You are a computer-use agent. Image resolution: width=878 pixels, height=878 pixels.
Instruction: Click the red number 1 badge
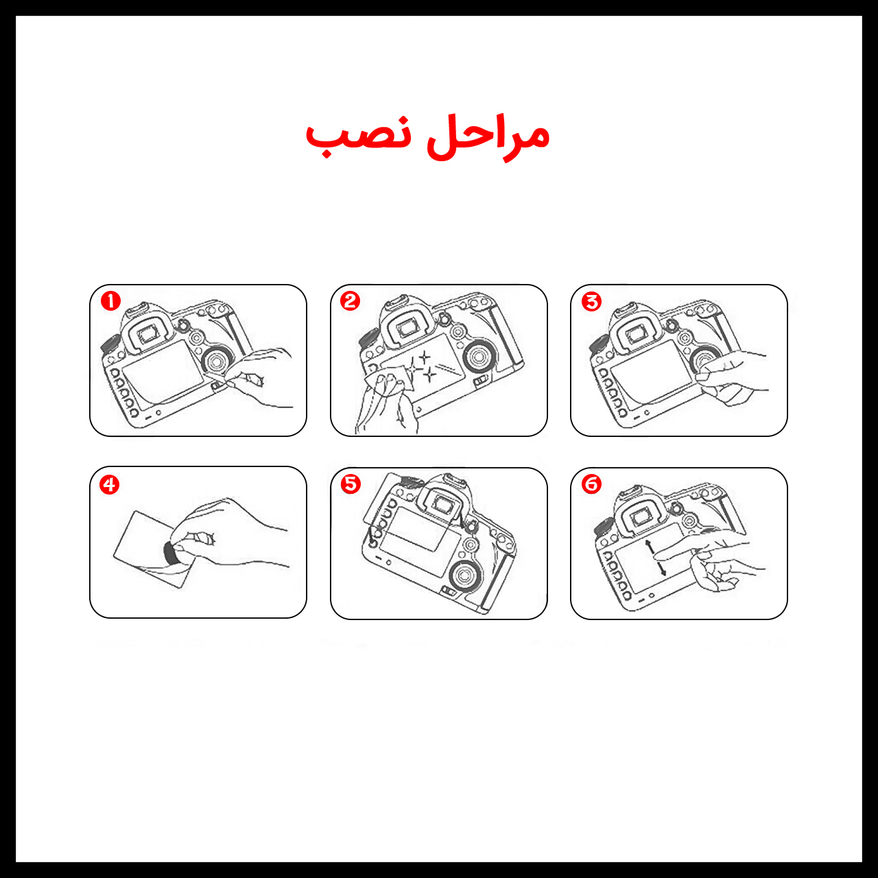(x=110, y=301)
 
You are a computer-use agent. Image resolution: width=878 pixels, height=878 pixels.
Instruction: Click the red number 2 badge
(x=351, y=301)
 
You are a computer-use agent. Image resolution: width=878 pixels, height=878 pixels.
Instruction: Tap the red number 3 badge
(x=591, y=301)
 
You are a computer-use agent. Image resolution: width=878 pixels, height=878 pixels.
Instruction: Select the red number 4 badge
(x=109, y=485)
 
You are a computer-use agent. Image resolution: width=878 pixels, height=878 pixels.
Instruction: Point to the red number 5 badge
(x=351, y=484)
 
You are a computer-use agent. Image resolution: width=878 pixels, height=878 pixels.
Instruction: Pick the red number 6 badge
(x=591, y=484)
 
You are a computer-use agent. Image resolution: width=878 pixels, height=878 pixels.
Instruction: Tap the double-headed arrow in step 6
(x=656, y=558)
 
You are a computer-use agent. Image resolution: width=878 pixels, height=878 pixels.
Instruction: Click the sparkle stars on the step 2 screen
(x=421, y=366)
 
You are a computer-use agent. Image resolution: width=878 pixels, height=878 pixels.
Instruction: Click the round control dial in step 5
(x=464, y=576)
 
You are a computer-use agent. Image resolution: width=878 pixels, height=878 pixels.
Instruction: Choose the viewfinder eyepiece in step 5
(x=440, y=504)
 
